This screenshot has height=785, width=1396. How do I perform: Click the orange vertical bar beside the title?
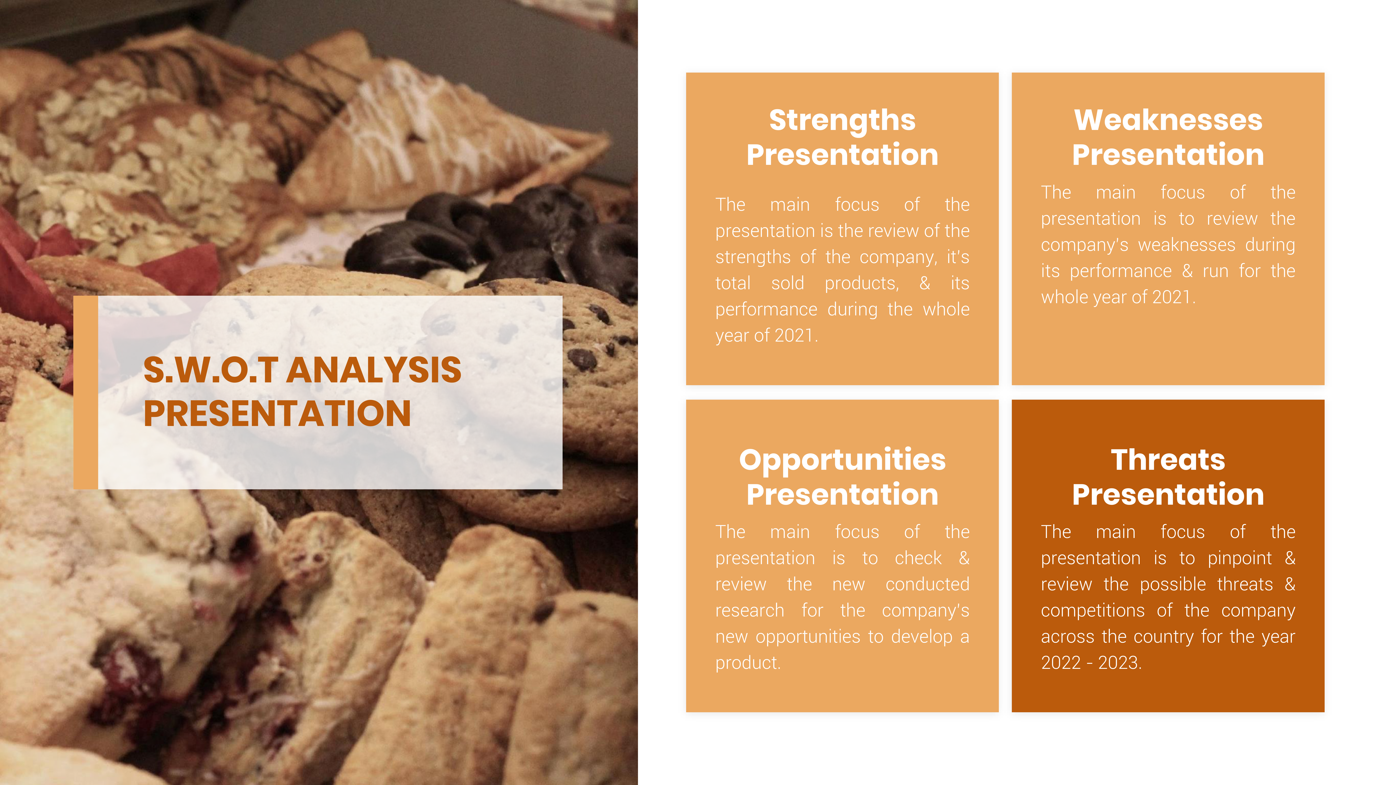tap(86, 392)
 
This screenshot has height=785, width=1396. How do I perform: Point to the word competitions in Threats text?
tap(1093, 611)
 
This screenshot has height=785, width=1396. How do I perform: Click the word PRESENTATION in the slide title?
tap(277, 413)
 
